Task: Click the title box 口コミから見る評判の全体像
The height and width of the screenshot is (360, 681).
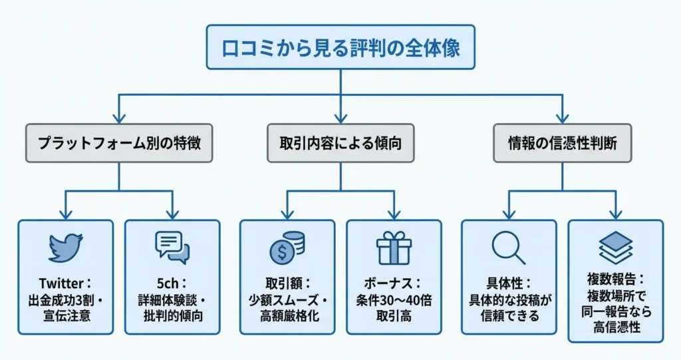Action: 340,47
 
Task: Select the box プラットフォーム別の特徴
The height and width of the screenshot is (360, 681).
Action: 119,142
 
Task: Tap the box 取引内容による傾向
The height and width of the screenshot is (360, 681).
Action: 340,142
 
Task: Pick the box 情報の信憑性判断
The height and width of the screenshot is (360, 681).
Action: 562,142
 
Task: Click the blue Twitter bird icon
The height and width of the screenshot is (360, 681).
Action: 65,248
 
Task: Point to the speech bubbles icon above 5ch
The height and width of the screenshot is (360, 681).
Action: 172,248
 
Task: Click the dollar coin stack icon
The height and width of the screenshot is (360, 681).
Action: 287,248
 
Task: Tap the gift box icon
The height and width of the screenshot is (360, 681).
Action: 394,248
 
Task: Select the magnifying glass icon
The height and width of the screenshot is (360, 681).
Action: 509,248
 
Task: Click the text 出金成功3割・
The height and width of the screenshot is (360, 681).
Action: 65,297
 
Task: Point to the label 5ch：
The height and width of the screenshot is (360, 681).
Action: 172,281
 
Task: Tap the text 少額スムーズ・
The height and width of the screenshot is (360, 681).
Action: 287,297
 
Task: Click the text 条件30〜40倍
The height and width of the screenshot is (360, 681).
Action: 394,297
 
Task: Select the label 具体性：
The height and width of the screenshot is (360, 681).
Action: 509,281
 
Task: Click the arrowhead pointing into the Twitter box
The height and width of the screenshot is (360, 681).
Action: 65,214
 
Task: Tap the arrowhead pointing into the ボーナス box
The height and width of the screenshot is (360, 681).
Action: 394,214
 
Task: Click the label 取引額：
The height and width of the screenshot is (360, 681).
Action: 287,281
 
